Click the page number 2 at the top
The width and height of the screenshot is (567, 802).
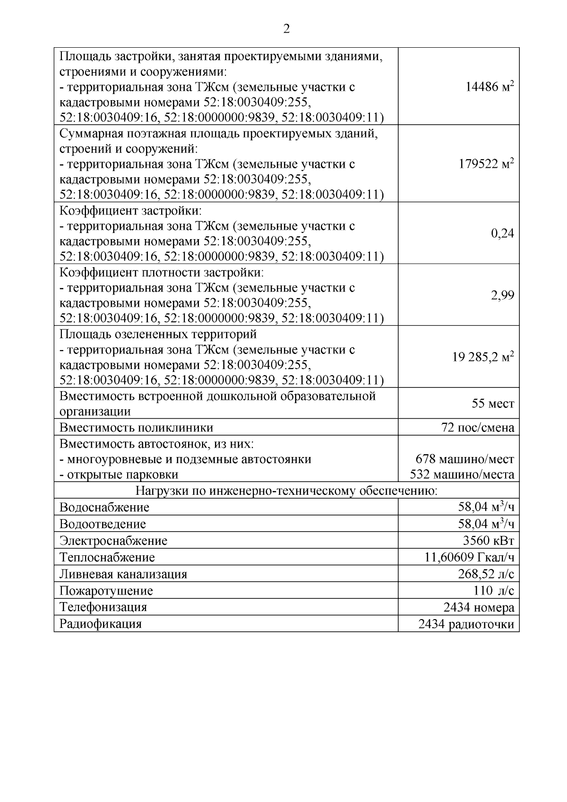[286, 29]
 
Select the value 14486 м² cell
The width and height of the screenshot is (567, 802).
[490, 87]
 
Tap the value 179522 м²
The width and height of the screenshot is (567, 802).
[486, 164]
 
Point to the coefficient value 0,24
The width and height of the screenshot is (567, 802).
[502, 233]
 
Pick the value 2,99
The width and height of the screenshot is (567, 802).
[502, 295]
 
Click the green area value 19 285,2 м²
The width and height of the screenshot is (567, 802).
[483, 357]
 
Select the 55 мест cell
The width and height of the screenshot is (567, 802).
[493, 404]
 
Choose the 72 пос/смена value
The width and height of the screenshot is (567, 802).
[477, 428]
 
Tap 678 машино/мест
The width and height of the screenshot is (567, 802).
[464, 459]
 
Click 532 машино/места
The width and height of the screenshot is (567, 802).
[462, 474]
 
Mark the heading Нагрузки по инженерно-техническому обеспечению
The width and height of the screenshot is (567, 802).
[286, 491]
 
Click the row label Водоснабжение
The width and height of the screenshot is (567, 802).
[104, 508]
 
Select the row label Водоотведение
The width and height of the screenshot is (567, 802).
[103, 524]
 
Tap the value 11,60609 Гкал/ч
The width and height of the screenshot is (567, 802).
[469, 558]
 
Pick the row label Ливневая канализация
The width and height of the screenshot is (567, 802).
[123, 574]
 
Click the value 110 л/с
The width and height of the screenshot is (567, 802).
[493, 591]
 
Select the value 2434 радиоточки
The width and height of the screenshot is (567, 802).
[466, 624]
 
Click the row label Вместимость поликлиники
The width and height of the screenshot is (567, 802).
[136, 428]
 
